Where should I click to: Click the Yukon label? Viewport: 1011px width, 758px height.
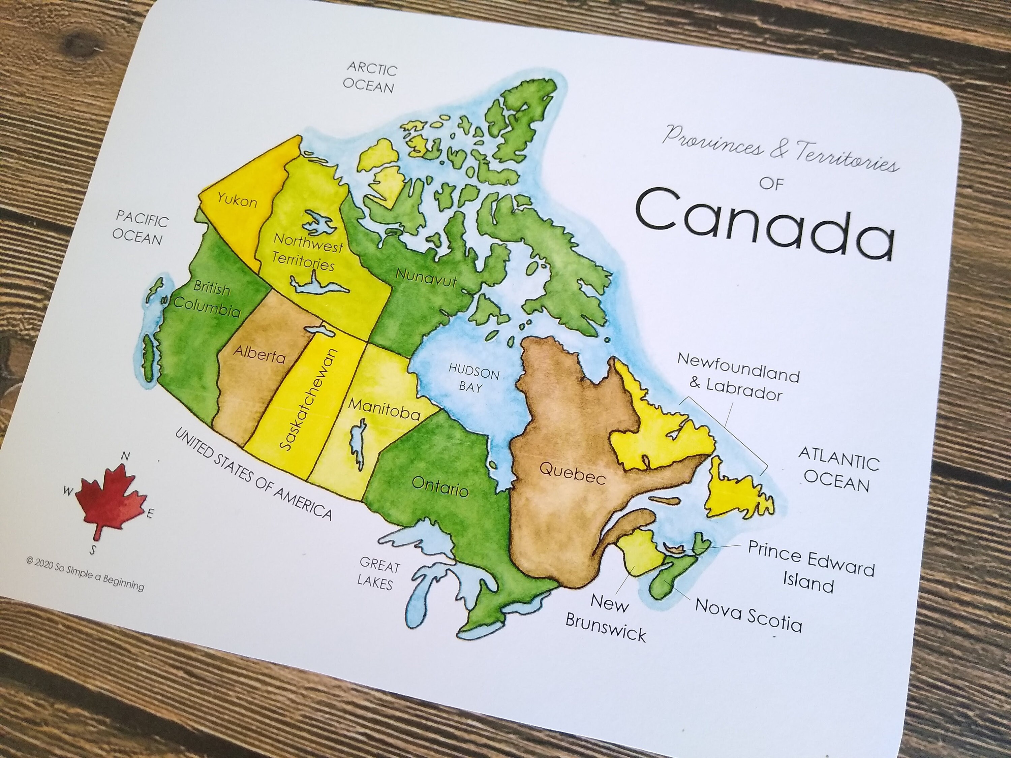pos(237,200)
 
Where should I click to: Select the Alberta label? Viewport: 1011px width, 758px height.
pos(259,354)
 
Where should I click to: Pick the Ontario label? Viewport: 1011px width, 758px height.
pos(440,486)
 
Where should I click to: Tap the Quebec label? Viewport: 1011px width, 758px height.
pos(572,472)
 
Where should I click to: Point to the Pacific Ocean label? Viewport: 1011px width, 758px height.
pos(140,228)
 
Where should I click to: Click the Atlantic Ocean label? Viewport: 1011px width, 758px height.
pos(838,470)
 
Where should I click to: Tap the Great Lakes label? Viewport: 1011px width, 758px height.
pos(377,573)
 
